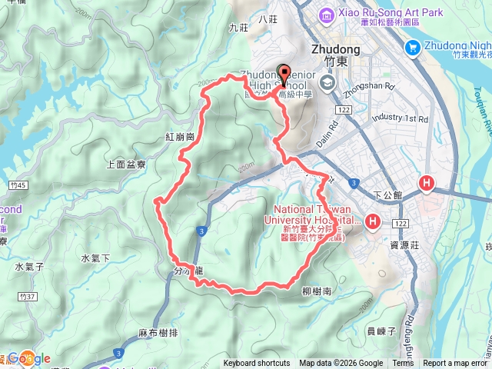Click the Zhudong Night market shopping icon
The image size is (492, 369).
click(412, 48)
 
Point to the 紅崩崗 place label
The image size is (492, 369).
click(178, 136)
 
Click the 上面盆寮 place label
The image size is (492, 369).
click(125, 164)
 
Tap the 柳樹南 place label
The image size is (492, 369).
click(317, 292)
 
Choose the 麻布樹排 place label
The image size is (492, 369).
click(157, 332)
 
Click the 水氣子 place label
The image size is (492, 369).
click(29, 267)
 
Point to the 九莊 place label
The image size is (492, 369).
click(239, 28)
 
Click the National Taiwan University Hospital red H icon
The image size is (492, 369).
click(373, 223)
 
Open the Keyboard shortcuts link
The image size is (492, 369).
click(257, 364)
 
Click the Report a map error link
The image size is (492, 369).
click(454, 364)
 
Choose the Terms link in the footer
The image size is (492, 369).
click(403, 364)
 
